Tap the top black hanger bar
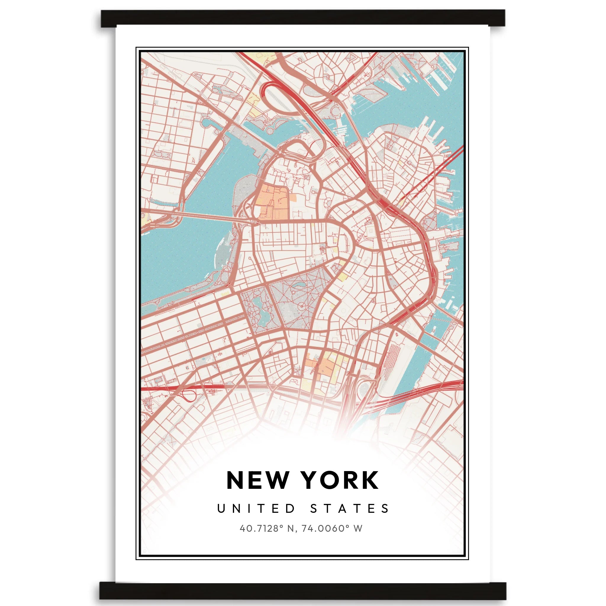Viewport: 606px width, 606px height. click(303, 18)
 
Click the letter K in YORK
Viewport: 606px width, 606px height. click(370, 480)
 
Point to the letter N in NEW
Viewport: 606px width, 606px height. click(236, 480)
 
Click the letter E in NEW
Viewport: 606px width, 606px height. click(256, 480)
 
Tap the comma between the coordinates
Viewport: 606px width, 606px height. click(296, 531)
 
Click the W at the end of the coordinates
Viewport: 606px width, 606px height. click(357, 528)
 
